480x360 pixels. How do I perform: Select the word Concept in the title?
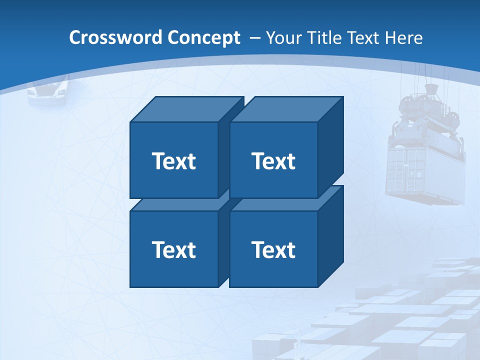[x=203, y=38]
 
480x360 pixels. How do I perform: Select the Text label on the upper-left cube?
[x=173, y=161]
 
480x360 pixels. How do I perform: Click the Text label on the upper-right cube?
[x=273, y=161]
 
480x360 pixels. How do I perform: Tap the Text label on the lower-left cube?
[x=173, y=249]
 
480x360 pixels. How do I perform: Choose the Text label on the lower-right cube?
[x=273, y=249]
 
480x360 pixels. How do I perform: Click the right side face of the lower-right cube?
[x=330, y=235]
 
